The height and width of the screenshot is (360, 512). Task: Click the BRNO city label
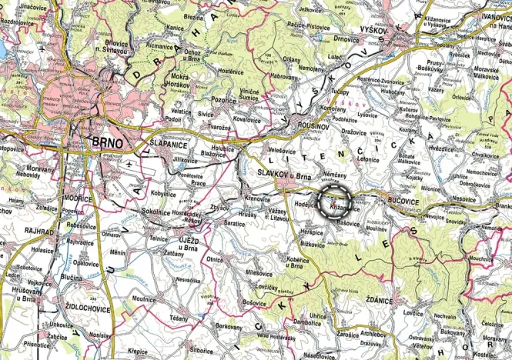pos(108,142)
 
